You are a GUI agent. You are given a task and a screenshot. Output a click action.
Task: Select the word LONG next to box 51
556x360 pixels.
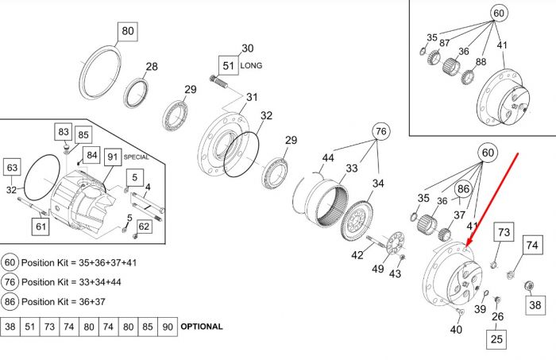tap(251, 66)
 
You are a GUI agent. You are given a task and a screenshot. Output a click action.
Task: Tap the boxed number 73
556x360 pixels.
tap(504, 232)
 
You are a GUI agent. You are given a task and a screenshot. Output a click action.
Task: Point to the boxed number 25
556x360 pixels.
tap(496, 339)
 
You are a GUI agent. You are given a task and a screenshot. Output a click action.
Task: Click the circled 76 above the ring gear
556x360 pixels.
tap(380, 131)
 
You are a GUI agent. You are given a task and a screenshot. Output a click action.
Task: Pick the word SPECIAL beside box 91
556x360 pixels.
tap(136, 157)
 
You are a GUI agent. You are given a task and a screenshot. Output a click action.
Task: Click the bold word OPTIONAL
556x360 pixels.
tap(202, 327)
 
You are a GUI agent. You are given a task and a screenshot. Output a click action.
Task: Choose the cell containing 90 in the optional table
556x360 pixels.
tap(168, 327)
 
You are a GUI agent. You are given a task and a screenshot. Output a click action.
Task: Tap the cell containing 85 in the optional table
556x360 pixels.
tap(148, 327)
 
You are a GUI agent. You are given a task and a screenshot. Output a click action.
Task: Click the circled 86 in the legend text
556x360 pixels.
tap(10, 301)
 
